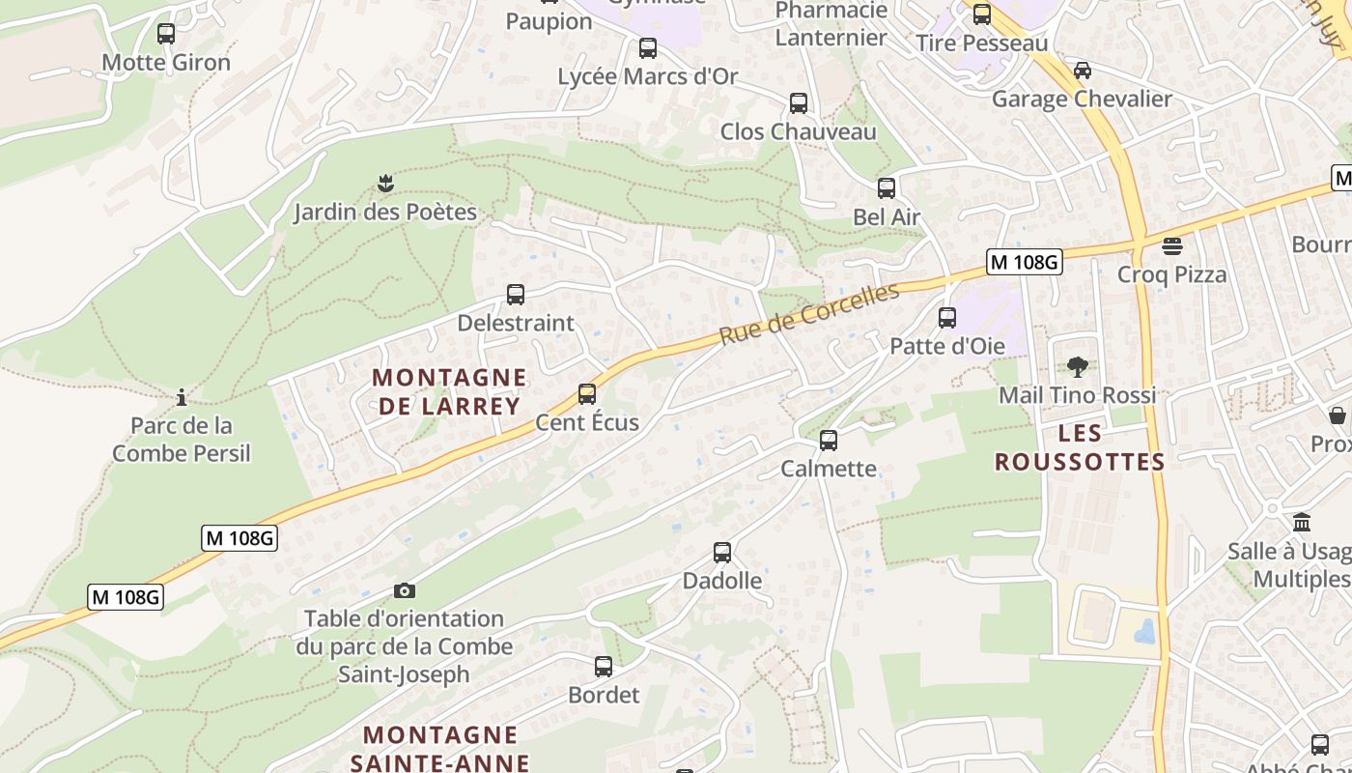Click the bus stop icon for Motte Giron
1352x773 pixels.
tap(166, 34)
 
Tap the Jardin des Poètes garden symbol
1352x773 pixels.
tap(385, 183)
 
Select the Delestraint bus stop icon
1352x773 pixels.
tap(516, 295)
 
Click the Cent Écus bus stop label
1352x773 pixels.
tap(587, 422)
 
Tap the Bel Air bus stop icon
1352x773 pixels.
tap(887, 188)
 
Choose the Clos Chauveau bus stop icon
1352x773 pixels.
tap(799, 103)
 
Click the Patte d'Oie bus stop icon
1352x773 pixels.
tap(947, 318)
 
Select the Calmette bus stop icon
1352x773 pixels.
tap(829, 441)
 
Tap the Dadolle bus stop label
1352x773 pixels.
tap(722, 581)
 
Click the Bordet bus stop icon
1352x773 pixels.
tap(604, 667)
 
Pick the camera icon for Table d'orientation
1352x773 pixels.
tap(405, 590)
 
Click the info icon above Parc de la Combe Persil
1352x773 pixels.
tap(181, 397)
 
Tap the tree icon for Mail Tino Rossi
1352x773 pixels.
tap(1078, 367)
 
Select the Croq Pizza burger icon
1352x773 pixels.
tap(1172, 246)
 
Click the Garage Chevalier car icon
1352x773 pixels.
tap(1083, 71)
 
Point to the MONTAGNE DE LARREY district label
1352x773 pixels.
tap(450, 391)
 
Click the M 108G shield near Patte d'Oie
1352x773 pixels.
tap(1025, 261)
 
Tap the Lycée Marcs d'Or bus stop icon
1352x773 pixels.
tap(648, 48)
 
